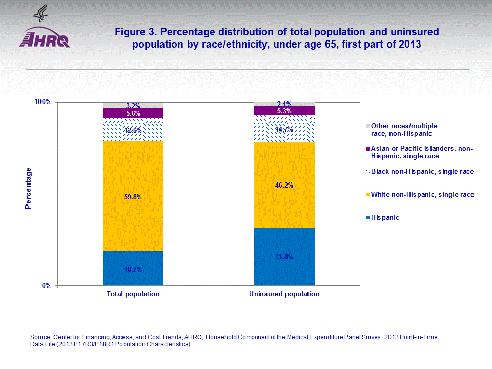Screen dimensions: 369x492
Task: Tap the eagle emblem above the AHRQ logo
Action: click(x=39, y=12)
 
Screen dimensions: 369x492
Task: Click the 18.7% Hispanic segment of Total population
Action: click(x=133, y=269)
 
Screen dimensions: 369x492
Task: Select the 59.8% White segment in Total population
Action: click(x=133, y=196)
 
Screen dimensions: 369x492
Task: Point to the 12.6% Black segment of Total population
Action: click(x=133, y=130)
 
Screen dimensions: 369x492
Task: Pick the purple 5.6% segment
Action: click(x=133, y=113)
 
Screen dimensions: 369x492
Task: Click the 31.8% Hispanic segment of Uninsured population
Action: click(x=284, y=257)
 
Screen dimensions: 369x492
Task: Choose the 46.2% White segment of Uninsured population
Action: click(x=284, y=185)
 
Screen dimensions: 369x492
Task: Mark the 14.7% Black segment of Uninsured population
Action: click(x=284, y=129)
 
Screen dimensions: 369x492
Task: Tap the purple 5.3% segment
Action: click(x=284, y=111)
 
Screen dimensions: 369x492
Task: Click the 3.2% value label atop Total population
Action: click(x=133, y=106)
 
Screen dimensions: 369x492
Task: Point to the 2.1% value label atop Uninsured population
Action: click(x=284, y=104)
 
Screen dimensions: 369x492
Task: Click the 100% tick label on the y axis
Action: click(x=43, y=102)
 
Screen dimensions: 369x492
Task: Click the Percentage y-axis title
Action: click(x=29, y=188)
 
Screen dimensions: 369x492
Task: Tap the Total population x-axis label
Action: click(x=133, y=294)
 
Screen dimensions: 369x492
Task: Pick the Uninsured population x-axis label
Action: click(x=284, y=294)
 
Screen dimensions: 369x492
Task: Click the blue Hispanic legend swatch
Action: click(x=368, y=218)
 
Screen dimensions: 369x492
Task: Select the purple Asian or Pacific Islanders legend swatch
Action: click(x=368, y=149)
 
